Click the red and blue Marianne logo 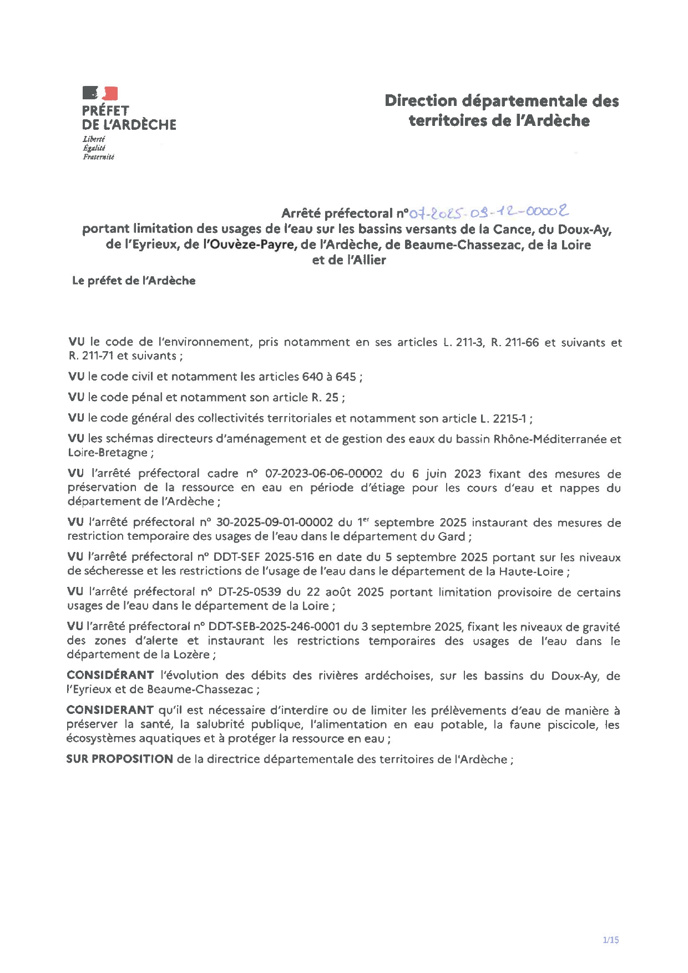tap(100, 93)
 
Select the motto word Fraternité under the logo tap(98, 157)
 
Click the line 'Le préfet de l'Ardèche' tap(134, 281)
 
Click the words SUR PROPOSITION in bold tap(119, 759)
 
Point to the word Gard tap(457, 536)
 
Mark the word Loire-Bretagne tap(107, 453)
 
